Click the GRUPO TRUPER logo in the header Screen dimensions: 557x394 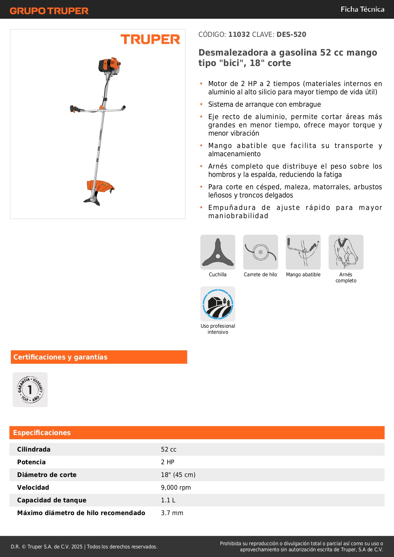point(49,11)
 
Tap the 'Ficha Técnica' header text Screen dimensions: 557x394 point(362,9)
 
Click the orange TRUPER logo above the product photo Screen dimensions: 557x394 point(150,39)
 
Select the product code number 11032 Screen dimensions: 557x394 point(239,34)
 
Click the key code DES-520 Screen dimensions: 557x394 point(291,34)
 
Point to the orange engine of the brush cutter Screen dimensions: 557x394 point(109,65)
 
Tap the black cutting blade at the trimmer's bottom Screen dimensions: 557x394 point(92,201)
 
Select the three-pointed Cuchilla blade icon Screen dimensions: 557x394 point(218,252)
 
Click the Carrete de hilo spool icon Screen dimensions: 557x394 point(260,252)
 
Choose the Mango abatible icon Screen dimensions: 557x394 point(303,252)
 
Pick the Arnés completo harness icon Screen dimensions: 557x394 point(346,252)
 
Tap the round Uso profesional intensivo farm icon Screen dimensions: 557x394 point(218,304)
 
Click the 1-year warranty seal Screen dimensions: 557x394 point(30,390)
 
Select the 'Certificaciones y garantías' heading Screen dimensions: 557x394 point(60,357)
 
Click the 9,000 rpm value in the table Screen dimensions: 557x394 point(176,487)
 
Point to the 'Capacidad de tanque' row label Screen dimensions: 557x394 point(52,500)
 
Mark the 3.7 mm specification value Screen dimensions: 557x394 point(172,513)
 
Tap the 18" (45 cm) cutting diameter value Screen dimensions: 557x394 point(178,475)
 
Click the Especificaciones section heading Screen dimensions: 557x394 point(42,433)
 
